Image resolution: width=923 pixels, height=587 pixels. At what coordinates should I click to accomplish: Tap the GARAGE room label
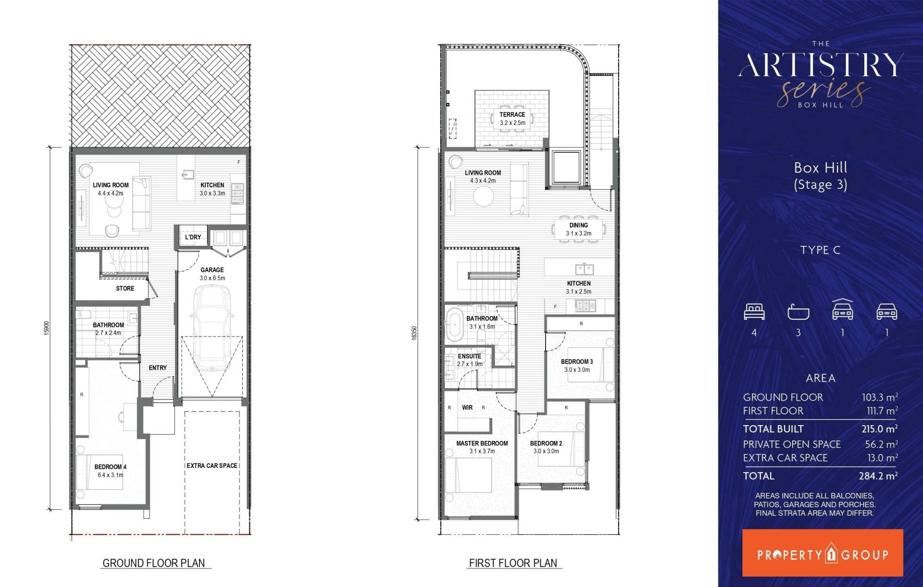(212, 270)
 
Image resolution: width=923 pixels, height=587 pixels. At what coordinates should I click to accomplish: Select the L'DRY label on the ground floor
(193, 237)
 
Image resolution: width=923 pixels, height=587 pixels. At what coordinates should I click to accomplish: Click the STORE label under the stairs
(125, 288)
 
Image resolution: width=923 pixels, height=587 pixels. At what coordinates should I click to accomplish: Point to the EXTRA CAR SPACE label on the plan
(212, 465)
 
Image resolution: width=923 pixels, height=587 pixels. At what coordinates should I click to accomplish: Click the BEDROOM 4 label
(111, 467)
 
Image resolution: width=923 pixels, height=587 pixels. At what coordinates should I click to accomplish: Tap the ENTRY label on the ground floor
(158, 368)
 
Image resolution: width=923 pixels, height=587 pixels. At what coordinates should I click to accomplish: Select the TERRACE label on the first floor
(512, 115)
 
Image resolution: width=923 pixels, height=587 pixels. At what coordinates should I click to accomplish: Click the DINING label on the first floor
(578, 225)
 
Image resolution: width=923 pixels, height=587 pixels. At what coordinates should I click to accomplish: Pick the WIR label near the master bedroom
(467, 407)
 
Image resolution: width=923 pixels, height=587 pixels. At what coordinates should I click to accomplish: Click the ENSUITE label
(469, 356)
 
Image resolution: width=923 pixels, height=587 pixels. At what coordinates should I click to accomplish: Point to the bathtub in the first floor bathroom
(454, 325)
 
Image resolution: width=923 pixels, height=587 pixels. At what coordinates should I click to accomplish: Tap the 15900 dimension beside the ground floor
(47, 328)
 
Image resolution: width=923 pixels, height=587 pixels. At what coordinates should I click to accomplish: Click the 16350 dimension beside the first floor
(414, 333)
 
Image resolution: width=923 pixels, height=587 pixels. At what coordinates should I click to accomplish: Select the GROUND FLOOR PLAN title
(154, 563)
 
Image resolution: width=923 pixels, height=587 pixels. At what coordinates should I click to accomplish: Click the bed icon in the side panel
(754, 312)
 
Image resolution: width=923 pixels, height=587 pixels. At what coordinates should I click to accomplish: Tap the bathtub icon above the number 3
(798, 312)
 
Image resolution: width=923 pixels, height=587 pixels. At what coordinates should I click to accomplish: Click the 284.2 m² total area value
(878, 476)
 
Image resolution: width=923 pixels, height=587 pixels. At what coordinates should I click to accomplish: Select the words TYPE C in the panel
(820, 250)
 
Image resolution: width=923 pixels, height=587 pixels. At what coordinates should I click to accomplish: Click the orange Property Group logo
(823, 553)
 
